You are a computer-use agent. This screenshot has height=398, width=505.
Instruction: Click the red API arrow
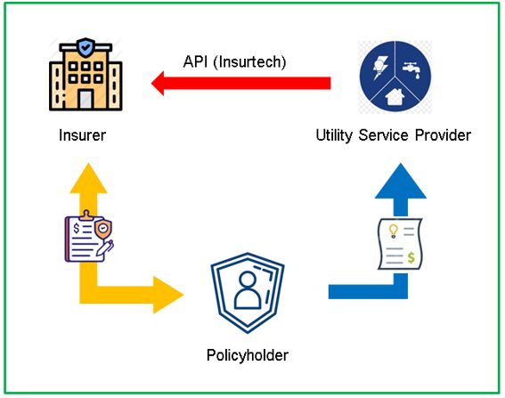240,83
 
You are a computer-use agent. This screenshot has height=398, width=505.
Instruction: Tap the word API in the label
195,61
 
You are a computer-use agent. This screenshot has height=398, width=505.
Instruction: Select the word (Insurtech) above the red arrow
249,62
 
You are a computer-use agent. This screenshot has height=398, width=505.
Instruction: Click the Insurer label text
83,135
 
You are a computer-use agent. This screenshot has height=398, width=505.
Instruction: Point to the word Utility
334,135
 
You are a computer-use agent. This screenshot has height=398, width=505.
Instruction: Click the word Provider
443,135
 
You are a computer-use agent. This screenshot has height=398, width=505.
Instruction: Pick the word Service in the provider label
383,135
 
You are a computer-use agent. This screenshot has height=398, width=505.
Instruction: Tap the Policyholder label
248,355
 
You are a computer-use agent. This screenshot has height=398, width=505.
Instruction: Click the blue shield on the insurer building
86,48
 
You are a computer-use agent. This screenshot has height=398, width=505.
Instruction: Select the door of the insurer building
86,100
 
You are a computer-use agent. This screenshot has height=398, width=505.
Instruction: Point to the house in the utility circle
395,97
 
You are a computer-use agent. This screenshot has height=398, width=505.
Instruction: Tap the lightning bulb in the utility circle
380,68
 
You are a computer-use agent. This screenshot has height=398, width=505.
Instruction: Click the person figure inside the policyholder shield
248,290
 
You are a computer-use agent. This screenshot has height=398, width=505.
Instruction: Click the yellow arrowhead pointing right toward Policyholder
168,295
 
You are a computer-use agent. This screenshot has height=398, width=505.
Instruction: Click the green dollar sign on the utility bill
411,257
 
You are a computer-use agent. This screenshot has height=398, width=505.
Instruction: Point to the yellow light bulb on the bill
393,231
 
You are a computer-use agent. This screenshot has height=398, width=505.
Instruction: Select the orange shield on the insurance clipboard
103,229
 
